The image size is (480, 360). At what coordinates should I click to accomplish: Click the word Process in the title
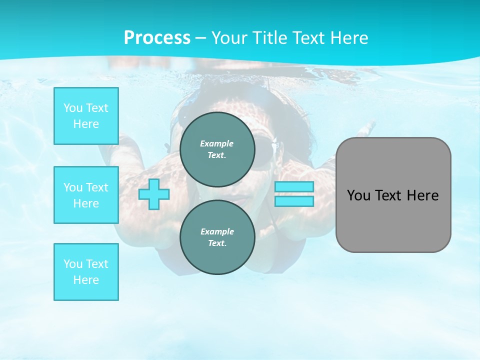pos(157,38)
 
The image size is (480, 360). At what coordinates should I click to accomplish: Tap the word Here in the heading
pos(348,38)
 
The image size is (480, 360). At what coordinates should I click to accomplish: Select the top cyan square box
pos(86,116)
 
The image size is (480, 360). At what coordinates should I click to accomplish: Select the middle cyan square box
pos(86,195)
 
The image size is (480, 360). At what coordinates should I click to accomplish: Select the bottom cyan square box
pos(86,272)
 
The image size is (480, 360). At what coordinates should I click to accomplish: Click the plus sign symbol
pos(154,194)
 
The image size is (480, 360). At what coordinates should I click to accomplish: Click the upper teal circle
pos(217,149)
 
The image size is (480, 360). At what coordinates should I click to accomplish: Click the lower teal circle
pos(217,237)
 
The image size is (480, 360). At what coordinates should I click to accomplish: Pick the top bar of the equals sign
pos(294,187)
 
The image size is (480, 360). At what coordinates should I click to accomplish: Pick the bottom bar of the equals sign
pos(294,201)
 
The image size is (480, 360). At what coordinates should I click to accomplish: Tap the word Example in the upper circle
pos(216,143)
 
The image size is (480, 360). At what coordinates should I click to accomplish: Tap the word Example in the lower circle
pos(217,231)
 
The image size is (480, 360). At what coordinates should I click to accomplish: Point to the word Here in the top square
pos(86,124)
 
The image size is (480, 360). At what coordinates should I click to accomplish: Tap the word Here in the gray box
pos(423,195)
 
